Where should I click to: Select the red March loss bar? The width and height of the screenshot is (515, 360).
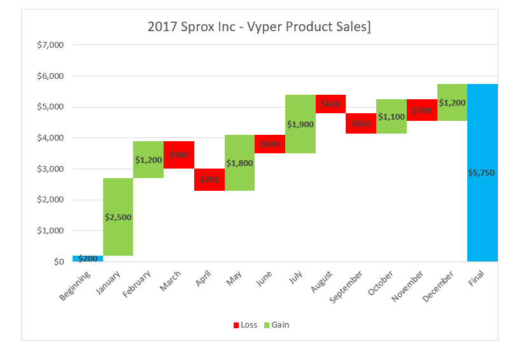179,155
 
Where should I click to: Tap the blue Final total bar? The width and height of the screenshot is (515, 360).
482,210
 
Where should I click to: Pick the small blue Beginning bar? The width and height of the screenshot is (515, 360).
88,258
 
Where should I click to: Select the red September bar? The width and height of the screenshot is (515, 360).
361,123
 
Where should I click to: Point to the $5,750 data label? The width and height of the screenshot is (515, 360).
482,172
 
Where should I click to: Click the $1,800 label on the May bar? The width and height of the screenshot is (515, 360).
239,163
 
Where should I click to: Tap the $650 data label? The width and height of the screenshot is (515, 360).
361,123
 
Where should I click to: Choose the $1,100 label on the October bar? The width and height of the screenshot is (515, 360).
392,117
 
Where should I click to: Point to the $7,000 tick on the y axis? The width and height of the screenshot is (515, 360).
50,45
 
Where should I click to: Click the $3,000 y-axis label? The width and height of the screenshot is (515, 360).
50,169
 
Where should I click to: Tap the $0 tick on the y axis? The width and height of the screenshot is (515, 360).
59,262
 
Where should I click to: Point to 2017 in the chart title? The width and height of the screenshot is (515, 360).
160,27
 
